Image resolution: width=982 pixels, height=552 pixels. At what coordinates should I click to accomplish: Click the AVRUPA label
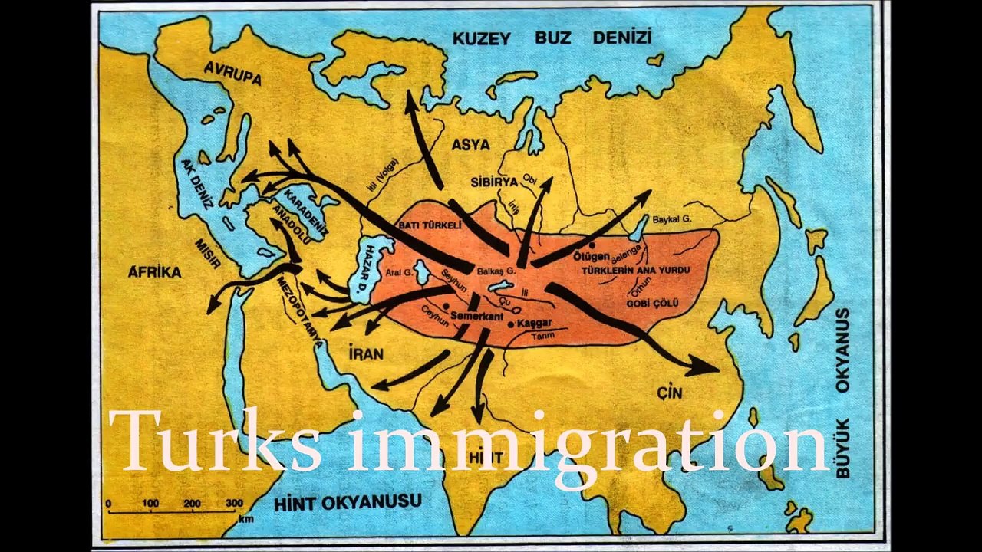[x=232, y=73]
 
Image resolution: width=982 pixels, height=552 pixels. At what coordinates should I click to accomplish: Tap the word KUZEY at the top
[x=481, y=38]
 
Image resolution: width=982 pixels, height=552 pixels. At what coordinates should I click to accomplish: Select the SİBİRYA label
[x=494, y=182]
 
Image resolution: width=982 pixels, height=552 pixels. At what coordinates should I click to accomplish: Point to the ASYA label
[x=470, y=144]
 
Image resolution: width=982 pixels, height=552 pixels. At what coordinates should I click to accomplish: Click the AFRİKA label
[x=154, y=271]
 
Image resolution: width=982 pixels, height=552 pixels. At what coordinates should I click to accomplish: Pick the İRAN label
[x=365, y=353]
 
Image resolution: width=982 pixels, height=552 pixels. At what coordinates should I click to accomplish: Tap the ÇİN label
[x=669, y=393]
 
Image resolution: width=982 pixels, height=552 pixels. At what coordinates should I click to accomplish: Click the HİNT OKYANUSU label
[x=348, y=503]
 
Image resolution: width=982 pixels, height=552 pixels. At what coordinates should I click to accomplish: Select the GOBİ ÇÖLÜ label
[x=652, y=304]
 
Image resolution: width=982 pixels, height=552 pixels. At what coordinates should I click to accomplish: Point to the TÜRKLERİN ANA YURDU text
[x=635, y=271]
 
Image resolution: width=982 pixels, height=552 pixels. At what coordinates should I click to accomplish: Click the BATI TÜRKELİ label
[x=430, y=226]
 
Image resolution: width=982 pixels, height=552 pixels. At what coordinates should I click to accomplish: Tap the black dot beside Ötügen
[x=592, y=245]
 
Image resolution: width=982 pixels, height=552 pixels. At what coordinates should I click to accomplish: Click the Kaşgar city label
[x=535, y=324]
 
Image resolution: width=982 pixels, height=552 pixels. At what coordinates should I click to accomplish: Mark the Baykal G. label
[x=672, y=220]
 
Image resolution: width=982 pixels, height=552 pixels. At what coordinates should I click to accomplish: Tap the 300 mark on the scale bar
[x=234, y=503]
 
